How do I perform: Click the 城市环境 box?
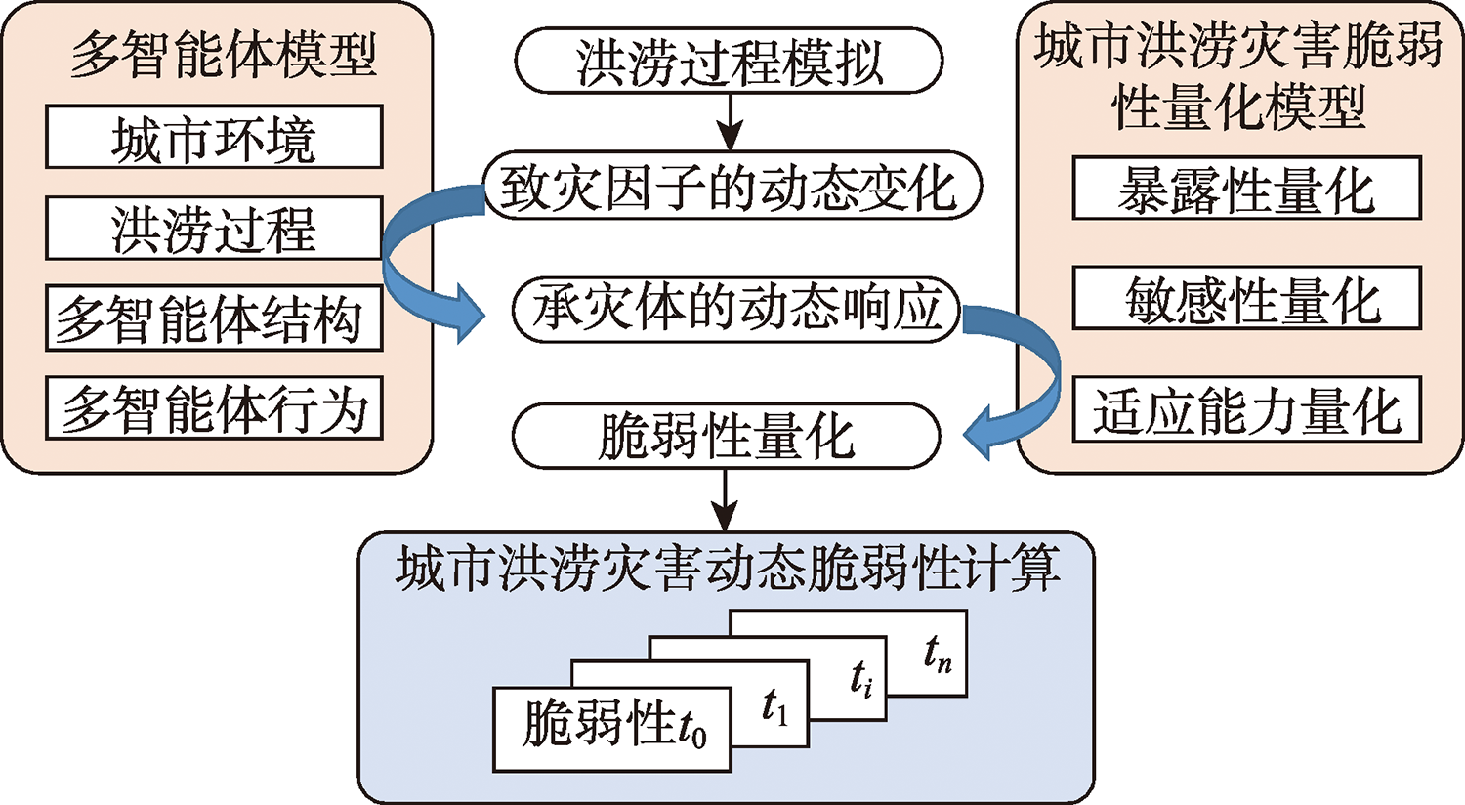[x=214, y=137]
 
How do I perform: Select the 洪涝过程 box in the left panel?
[x=214, y=228]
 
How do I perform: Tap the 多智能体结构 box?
[x=214, y=318]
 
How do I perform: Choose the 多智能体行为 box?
[x=214, y=407]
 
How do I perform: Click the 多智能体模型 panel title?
[x=223, y=55]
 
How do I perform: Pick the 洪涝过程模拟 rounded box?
[x=729, y=61]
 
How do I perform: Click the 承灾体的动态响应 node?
[x=734, y=310]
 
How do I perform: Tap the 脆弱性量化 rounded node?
[x=726, y=436]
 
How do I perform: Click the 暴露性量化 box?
[x=1246, y=189]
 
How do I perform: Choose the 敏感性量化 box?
[x=1246, y=299]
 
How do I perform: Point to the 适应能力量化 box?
[x=1246, y=409]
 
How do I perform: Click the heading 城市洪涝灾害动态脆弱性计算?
[x=728, y=569]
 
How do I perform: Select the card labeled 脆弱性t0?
[x=612, y=728]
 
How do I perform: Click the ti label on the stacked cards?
[x=861, y=678]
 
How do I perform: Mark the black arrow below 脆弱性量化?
[x=724, y=499]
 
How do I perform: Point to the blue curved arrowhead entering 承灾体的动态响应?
[x=467, y=313]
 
